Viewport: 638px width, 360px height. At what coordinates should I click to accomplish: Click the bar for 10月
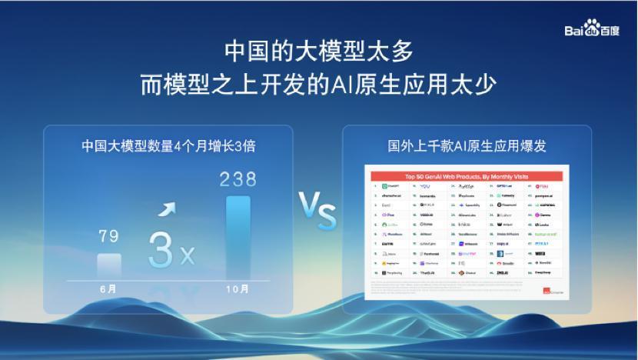(238, 238)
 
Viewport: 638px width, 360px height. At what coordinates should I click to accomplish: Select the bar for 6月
(109, 265)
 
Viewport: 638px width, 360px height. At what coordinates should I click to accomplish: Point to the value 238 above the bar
(238, 179)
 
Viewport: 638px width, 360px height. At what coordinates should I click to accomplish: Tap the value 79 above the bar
(109, 237)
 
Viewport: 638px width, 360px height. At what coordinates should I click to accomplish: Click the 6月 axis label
(109, 289)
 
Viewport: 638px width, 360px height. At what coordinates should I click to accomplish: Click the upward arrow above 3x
(166, 210)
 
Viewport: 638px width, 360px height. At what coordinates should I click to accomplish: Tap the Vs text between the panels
(317, 212)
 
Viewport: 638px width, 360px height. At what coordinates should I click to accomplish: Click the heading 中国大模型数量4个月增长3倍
(168, 146)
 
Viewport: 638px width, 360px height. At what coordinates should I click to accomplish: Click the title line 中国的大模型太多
(318, 51)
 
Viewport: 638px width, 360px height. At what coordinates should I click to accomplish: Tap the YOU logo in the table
(425, 187)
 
